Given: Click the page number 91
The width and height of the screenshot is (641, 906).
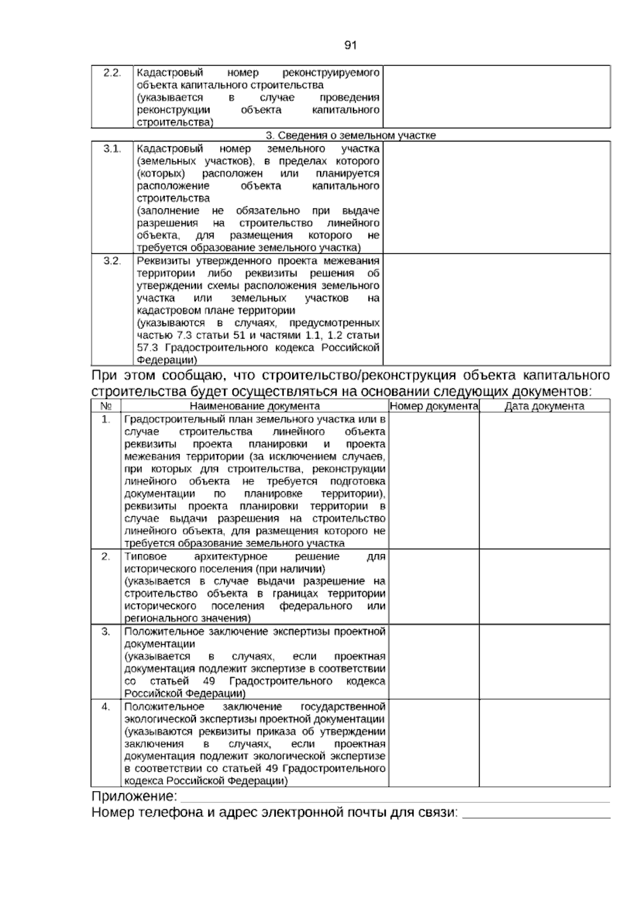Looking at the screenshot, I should click(350, 45).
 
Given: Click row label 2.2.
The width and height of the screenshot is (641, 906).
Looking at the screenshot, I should click(112, 73).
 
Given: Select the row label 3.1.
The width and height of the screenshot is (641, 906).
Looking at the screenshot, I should click(112, 149).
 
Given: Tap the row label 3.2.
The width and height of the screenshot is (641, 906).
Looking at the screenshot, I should click(112, 261).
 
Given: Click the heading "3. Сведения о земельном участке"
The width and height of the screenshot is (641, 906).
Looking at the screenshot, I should click(350, 135).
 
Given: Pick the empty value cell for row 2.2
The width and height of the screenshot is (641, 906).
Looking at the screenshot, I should click(496, 97).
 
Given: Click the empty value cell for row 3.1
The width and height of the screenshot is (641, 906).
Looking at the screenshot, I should click(496, 197).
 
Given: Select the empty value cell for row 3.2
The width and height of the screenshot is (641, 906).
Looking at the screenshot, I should click(496, 309).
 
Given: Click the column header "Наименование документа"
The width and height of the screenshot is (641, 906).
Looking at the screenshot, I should click(255, 406).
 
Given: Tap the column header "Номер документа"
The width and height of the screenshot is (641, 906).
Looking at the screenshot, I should click(434, 406).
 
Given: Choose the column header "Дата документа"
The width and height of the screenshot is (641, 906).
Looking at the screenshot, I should click(544, 406).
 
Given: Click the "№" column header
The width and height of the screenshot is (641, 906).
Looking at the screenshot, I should click(106, 406).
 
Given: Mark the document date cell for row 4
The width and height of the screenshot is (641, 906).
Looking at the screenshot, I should click(544, 743).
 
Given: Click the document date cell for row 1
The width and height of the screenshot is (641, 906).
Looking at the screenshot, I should click(544, 481).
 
